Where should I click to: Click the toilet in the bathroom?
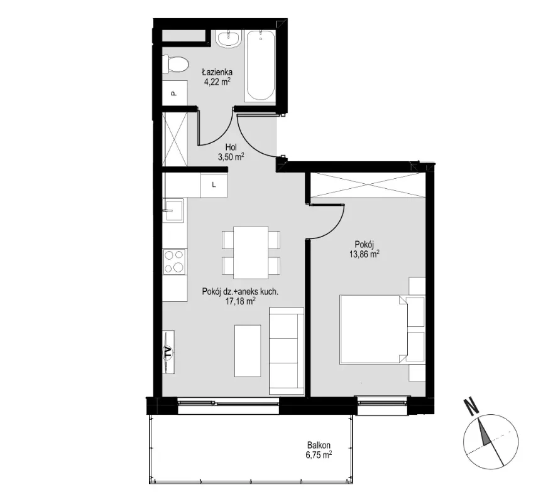(175, 65)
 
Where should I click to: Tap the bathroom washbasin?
(229, 38)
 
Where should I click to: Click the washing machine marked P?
(175, 93)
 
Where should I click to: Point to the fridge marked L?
(214, 184)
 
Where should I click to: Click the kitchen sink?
(173, 210)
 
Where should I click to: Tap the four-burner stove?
(175, 262)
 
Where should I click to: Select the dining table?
(251, 253)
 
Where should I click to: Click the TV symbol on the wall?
(168, 352)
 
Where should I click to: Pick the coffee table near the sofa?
(248, 351)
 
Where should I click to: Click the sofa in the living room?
(287, 351)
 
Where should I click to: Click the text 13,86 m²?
(364, 254)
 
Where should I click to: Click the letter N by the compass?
(471, 406)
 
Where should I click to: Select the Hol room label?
(231, 147)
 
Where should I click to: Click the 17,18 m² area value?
(240, 301)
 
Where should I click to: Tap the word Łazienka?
(217, 72)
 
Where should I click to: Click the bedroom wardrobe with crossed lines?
(368, 185)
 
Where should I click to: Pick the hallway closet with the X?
(175, 139)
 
